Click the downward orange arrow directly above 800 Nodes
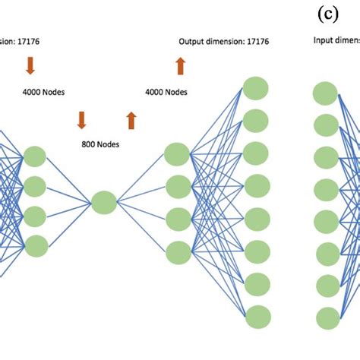click(81, 120)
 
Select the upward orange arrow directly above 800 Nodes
click(131, 120)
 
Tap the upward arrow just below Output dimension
click(180, 67)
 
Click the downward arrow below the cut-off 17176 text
click(30, 66)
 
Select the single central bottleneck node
click(104, 202)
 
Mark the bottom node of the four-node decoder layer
click(177, 251)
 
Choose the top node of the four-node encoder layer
click(35, 156)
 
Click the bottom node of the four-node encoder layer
click(35, 245)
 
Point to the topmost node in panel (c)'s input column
click(325, 93)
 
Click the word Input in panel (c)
click(324, 43)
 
